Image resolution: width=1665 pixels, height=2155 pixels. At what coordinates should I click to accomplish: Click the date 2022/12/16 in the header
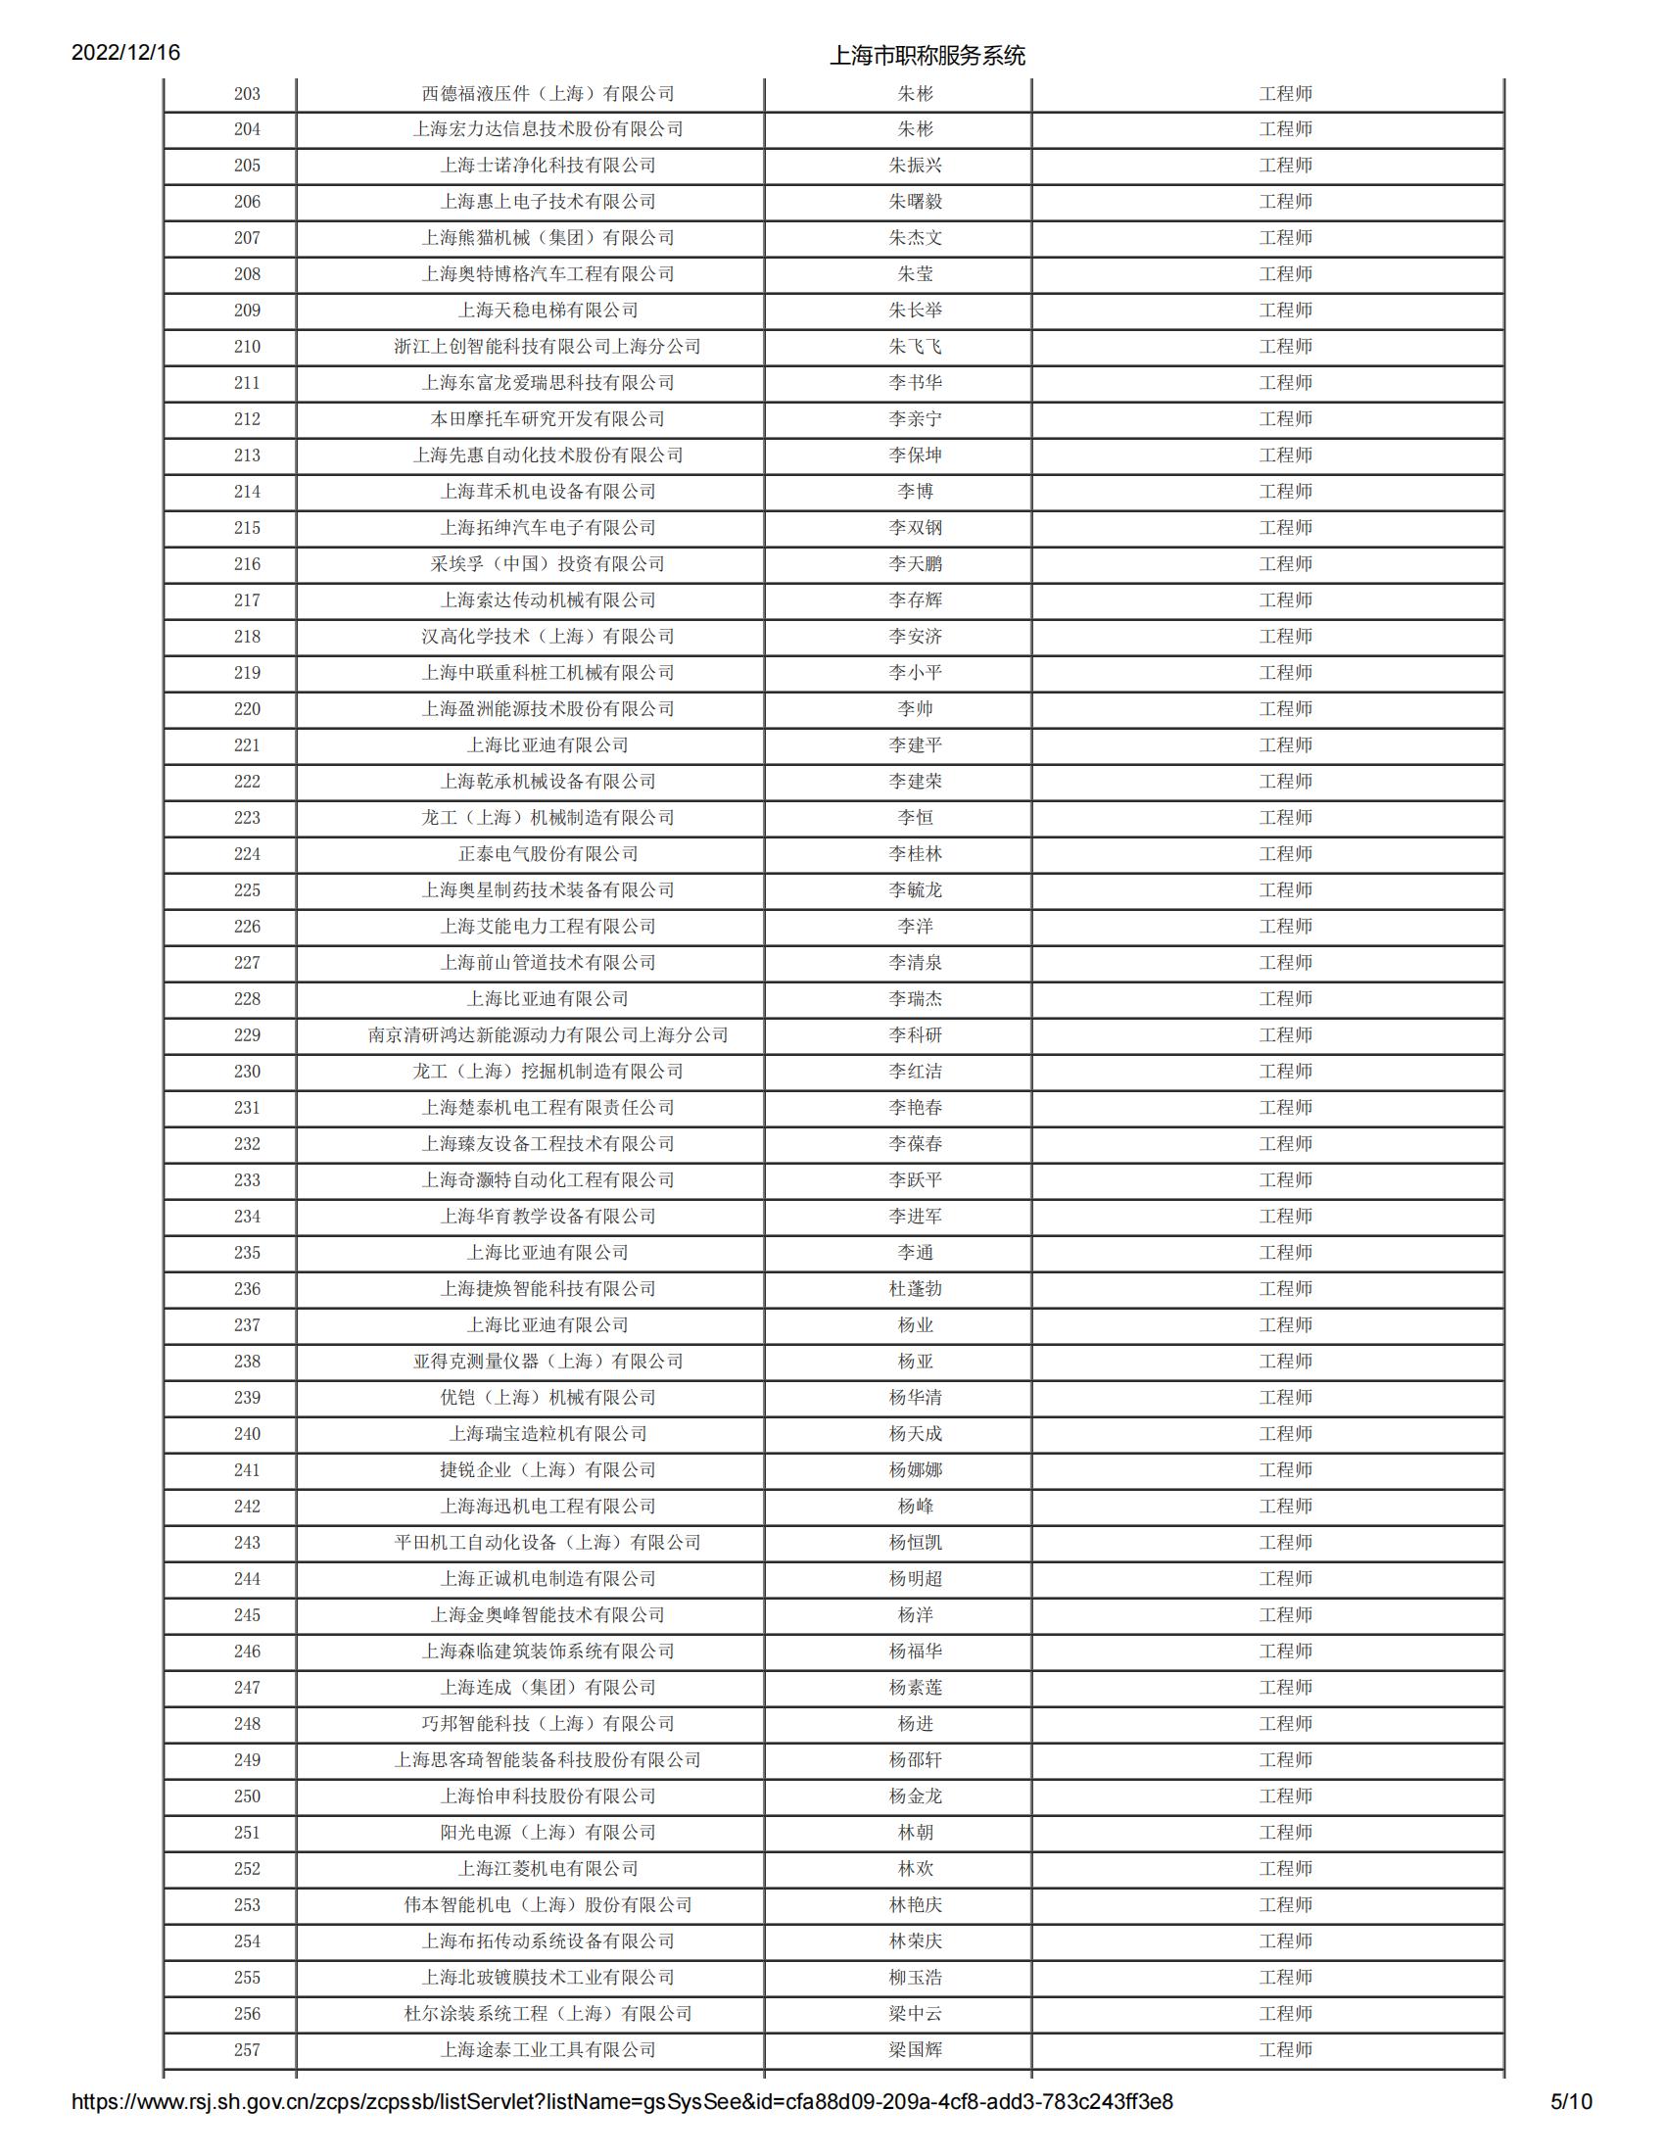click(125, 52)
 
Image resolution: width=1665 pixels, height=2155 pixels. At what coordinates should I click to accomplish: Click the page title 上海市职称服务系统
click(927, 55)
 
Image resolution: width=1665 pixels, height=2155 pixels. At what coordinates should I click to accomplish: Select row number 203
click(247, 94)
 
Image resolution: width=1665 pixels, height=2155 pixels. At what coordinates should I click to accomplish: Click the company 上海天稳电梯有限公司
click(547, 310)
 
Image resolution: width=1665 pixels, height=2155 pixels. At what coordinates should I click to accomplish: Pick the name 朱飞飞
click(915, 347)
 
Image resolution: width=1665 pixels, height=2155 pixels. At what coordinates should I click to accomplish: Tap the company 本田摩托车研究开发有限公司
click(547, 418)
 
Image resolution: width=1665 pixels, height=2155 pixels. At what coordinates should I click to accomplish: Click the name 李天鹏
click(915, 563)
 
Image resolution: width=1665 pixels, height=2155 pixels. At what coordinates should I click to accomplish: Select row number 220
click(247, 708)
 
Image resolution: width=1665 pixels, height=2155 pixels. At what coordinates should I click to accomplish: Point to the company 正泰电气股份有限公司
click(547, 853)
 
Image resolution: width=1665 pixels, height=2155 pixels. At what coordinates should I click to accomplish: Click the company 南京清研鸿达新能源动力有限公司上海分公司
click(547, 1035)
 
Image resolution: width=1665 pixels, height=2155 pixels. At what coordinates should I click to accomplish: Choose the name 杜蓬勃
click(915, 1289)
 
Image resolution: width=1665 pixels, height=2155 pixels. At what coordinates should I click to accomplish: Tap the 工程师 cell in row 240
click(1284, 1434)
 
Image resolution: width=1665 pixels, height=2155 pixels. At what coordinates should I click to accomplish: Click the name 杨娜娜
click(915, 1469)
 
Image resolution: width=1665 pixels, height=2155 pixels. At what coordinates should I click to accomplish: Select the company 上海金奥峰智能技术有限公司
click(547, 1614)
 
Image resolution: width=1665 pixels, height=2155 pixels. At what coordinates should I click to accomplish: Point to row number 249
click(247, 1759)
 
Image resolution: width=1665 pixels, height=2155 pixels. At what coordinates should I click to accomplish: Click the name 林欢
click(915, 1868)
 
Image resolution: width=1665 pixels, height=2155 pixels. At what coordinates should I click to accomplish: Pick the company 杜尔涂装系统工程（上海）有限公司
click(547, 2013)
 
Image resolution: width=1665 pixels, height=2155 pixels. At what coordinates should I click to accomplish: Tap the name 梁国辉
click(915, 2049)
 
